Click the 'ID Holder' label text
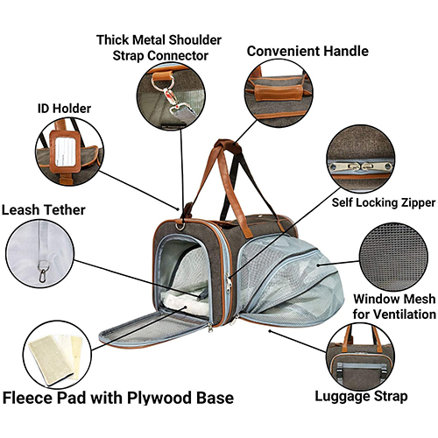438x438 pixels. pos(64,109)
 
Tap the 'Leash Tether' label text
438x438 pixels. pos(44,210)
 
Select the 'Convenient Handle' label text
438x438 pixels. pos(307,51)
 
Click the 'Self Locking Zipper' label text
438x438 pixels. pos(384,202)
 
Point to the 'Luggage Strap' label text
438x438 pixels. pos(361,397)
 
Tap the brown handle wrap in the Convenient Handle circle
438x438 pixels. pos(279,91)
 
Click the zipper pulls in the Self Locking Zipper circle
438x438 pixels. pos(361,167)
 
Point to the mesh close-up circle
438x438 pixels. pos(393,257)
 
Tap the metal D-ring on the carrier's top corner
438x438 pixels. pos(180,226)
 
